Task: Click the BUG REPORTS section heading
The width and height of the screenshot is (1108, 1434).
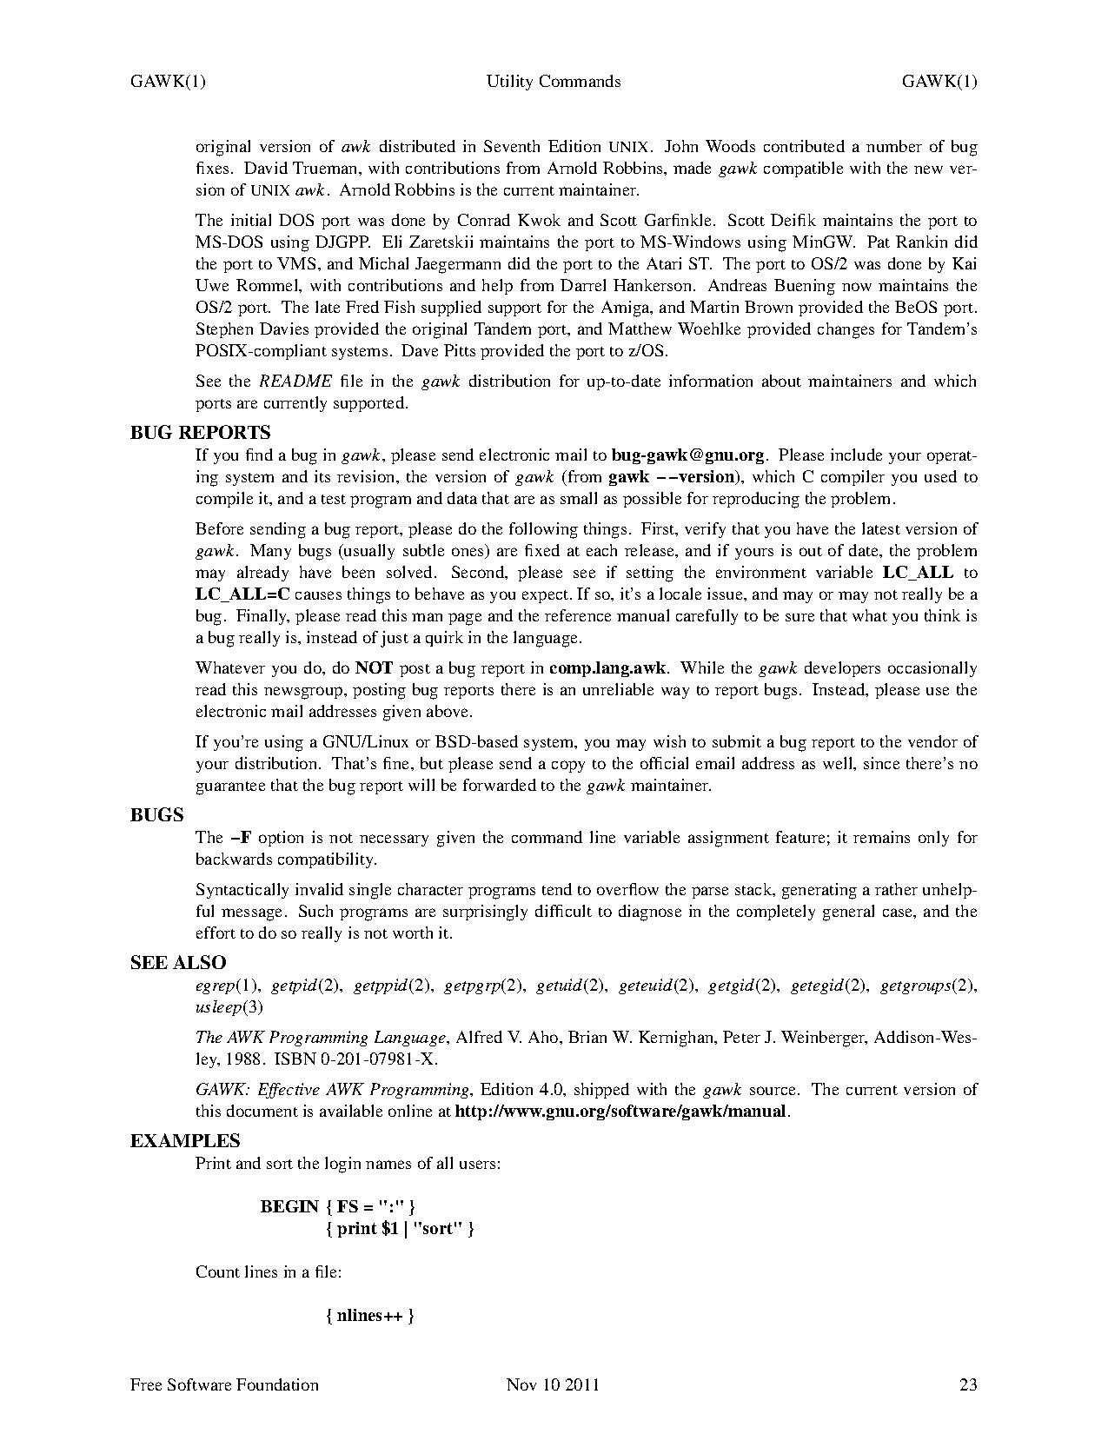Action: pos(200,433)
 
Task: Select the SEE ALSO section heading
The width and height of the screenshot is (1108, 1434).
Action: pos(177,963)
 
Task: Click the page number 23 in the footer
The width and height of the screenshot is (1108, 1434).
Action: pos(967,1384)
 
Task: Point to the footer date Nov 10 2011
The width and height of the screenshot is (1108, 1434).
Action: pos(553,1384)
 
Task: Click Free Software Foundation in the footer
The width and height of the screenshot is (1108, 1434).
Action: pos(224,1384)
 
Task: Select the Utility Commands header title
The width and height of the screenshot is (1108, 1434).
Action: pos(554,82)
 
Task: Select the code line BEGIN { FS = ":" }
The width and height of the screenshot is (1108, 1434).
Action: pos(338,1206)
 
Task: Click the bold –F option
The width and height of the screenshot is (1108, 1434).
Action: pos(241,838)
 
